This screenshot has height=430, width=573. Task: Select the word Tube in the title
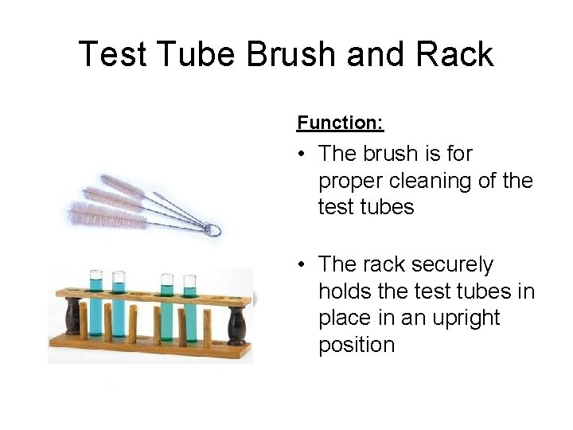[199, 54]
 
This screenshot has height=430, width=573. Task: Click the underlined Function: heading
[340, 123]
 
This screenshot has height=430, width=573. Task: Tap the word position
[356, 345]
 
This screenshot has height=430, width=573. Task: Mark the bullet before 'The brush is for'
[302, 153]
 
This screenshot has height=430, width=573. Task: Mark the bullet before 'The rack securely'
[302, 264]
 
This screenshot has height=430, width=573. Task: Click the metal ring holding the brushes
[212, 230]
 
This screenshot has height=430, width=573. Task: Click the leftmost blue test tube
[95, 307]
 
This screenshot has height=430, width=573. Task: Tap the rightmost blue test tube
[189, 307]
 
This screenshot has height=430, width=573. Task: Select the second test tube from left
[119, 307]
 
